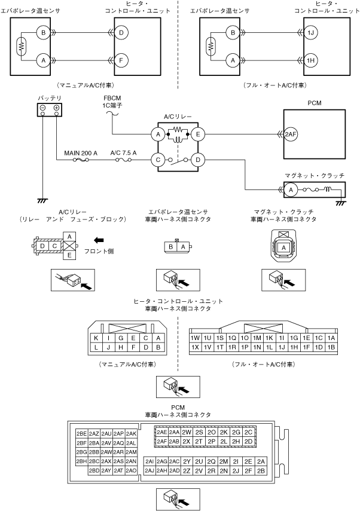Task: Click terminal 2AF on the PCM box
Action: [x=290, y=134]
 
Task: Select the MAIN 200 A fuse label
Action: [x=81, y=153]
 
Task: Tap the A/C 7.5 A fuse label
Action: [x=123, y=153]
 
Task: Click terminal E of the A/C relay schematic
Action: [x=198, y=134]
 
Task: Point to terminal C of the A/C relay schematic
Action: [x=158, y=160]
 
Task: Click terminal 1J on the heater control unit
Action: [x=310, y=33]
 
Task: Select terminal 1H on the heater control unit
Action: [x=310, y=60]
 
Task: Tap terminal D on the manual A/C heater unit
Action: [x=121, y=33]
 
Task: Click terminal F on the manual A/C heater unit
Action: [x=121, y=60]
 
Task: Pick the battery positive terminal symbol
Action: [x=56, y=108]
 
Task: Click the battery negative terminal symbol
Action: [x=42, y=108]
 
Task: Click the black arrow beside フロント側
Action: [x=99, y=240]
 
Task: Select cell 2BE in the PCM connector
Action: [x=81, y=433]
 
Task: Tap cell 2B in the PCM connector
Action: [x=261, y=470]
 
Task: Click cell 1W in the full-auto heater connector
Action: [x=195, y=338]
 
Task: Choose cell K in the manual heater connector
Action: [x=96, y=338]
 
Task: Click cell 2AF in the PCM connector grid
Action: [x=161, y=441]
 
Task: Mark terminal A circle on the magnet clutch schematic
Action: [x=291, y=190]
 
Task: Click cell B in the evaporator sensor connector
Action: [x=170, y=247]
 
